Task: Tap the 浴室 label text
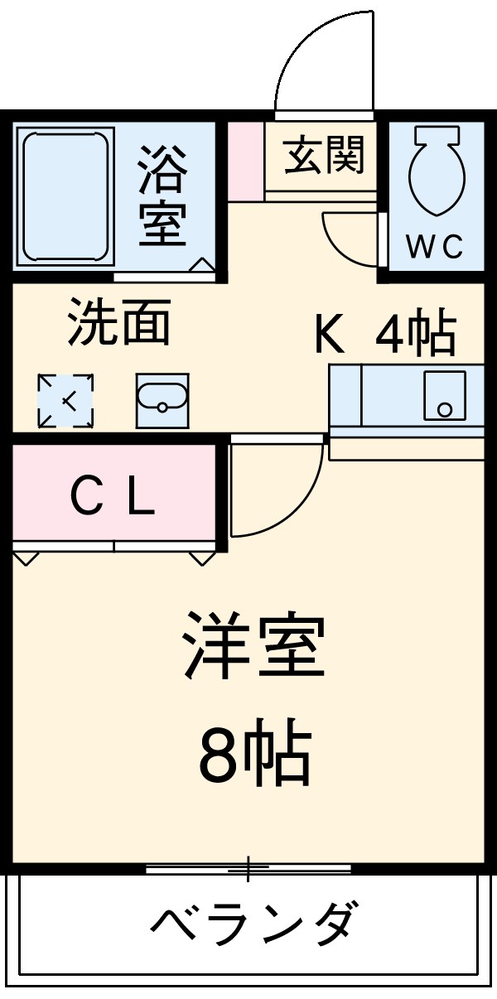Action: coord(162,197)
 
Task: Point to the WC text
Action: coord(434,247)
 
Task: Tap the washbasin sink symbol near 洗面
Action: coord(162,400)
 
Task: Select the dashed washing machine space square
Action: coord(66,402)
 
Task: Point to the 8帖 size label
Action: coord(253,756)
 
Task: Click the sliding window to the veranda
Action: coord(248,869)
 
